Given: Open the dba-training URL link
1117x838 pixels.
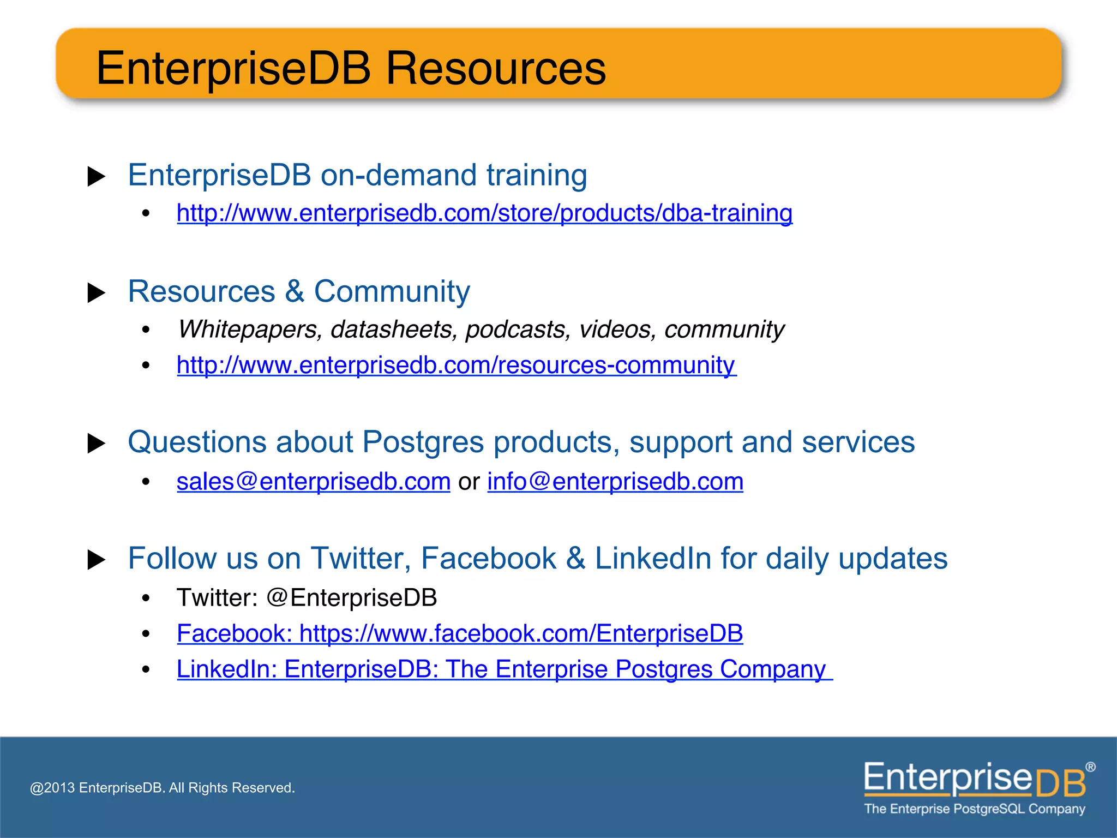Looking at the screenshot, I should pyautogui.click(x=484, y=213).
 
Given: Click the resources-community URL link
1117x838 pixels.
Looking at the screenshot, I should pyautogui.click(x=456, y=365).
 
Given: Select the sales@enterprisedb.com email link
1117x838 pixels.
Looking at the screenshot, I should pyautogui.click(x=313, y=482).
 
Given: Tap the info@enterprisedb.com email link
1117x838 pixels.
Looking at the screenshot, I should pyautogui.click(x=615, y=482).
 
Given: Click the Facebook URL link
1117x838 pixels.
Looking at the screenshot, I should pyautogui.click(x=459, y=633).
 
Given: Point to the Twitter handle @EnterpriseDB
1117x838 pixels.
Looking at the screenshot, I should pyautogui.click(x=352, y=598).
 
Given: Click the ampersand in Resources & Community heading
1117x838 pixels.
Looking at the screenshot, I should pyautogui.click(x=295, y=292).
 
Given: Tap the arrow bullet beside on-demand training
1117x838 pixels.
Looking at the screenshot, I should pyautogui.click(x=97, y=177).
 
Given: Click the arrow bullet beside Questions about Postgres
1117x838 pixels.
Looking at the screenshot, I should pyautogui.click(x=97, y=444).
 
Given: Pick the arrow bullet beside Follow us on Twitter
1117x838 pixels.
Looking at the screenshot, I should pyautogui.click(x=97, y=560).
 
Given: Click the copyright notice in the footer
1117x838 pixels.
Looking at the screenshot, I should pyautogui.click(x=162, y=788).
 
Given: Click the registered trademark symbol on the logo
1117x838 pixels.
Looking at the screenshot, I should pyautogui.click(x=1090, y=767).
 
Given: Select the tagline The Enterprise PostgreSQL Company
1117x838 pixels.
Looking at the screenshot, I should pyautogui.click(x=974, y=809).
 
